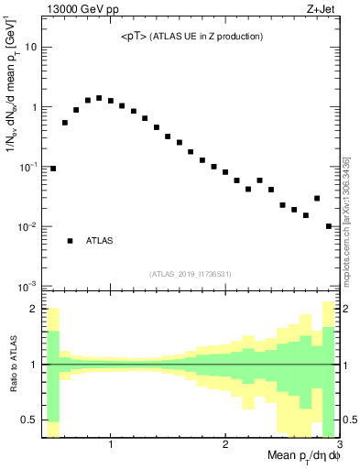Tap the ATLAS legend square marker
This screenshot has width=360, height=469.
tap(71, 241)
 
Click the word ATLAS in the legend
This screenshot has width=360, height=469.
tap(100, 241)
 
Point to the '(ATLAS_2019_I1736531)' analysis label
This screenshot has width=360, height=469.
tap(190, 274)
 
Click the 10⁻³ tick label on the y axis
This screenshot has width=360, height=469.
tap(30, 286)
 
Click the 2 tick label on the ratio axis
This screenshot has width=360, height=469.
tap(36, 309)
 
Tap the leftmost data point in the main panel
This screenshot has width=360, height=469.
tap(53, 169)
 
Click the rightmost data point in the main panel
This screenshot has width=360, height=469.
tap(329, 226)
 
